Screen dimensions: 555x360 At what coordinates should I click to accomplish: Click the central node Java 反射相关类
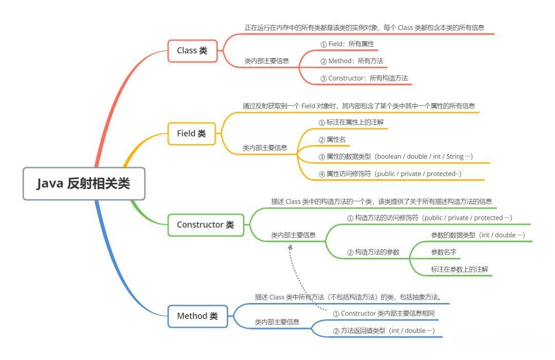point(84,183)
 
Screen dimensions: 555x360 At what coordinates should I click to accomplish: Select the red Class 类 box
point(192,51)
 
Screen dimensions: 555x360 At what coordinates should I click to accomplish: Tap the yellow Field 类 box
point(192,134)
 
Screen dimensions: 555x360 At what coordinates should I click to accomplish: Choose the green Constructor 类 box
point(206,225)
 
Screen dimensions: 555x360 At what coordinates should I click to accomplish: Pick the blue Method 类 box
point(197,316)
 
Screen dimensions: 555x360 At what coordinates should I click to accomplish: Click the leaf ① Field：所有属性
point(347,44)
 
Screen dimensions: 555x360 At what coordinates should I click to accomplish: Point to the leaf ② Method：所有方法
point(352,61)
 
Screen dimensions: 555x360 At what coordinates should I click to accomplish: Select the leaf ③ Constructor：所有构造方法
point(364,78)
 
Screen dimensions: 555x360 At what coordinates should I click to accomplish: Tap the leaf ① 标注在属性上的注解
point(351,122)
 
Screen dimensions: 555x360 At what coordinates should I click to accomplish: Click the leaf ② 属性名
point(332,140)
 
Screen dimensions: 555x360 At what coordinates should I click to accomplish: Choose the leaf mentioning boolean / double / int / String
point(396,157)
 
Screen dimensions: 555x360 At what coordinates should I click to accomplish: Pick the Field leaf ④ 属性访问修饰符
point(390,174)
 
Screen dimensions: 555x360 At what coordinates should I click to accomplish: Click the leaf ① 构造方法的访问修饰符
point(429,218)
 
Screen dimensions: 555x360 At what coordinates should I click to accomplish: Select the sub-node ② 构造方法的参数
point(373,252)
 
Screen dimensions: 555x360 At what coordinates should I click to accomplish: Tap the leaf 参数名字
point(443,252)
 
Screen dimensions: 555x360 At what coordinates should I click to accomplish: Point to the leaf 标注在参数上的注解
point(459,270)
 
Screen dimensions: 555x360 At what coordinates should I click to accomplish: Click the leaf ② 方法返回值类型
point(384,331)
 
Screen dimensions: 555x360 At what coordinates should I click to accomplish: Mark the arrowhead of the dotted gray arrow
point(290,247)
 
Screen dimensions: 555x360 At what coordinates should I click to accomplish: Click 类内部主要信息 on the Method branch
point(277,322)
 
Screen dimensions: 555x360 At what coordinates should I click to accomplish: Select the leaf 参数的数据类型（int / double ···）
point(478,235)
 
